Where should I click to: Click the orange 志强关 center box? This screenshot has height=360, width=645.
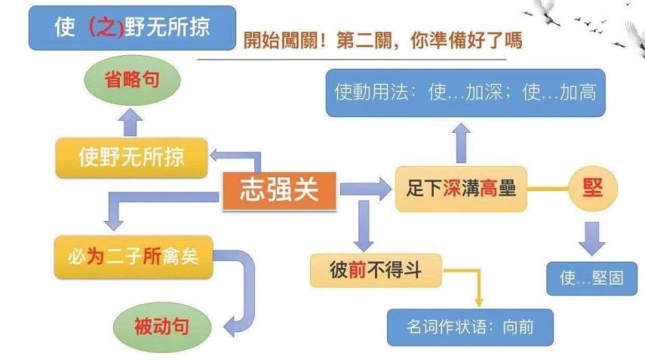[279, 190]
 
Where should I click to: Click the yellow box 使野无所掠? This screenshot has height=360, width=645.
[131, 157]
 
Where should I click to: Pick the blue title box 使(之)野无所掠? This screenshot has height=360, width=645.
[132, 28]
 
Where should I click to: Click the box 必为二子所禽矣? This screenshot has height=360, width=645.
[131, 256]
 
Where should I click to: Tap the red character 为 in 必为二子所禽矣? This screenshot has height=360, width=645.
[95, 256]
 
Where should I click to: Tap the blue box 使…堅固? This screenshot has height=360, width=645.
[592, 278]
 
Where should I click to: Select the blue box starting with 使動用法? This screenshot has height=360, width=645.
[465, 92]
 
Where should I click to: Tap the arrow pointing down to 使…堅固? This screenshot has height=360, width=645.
[593, 237]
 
